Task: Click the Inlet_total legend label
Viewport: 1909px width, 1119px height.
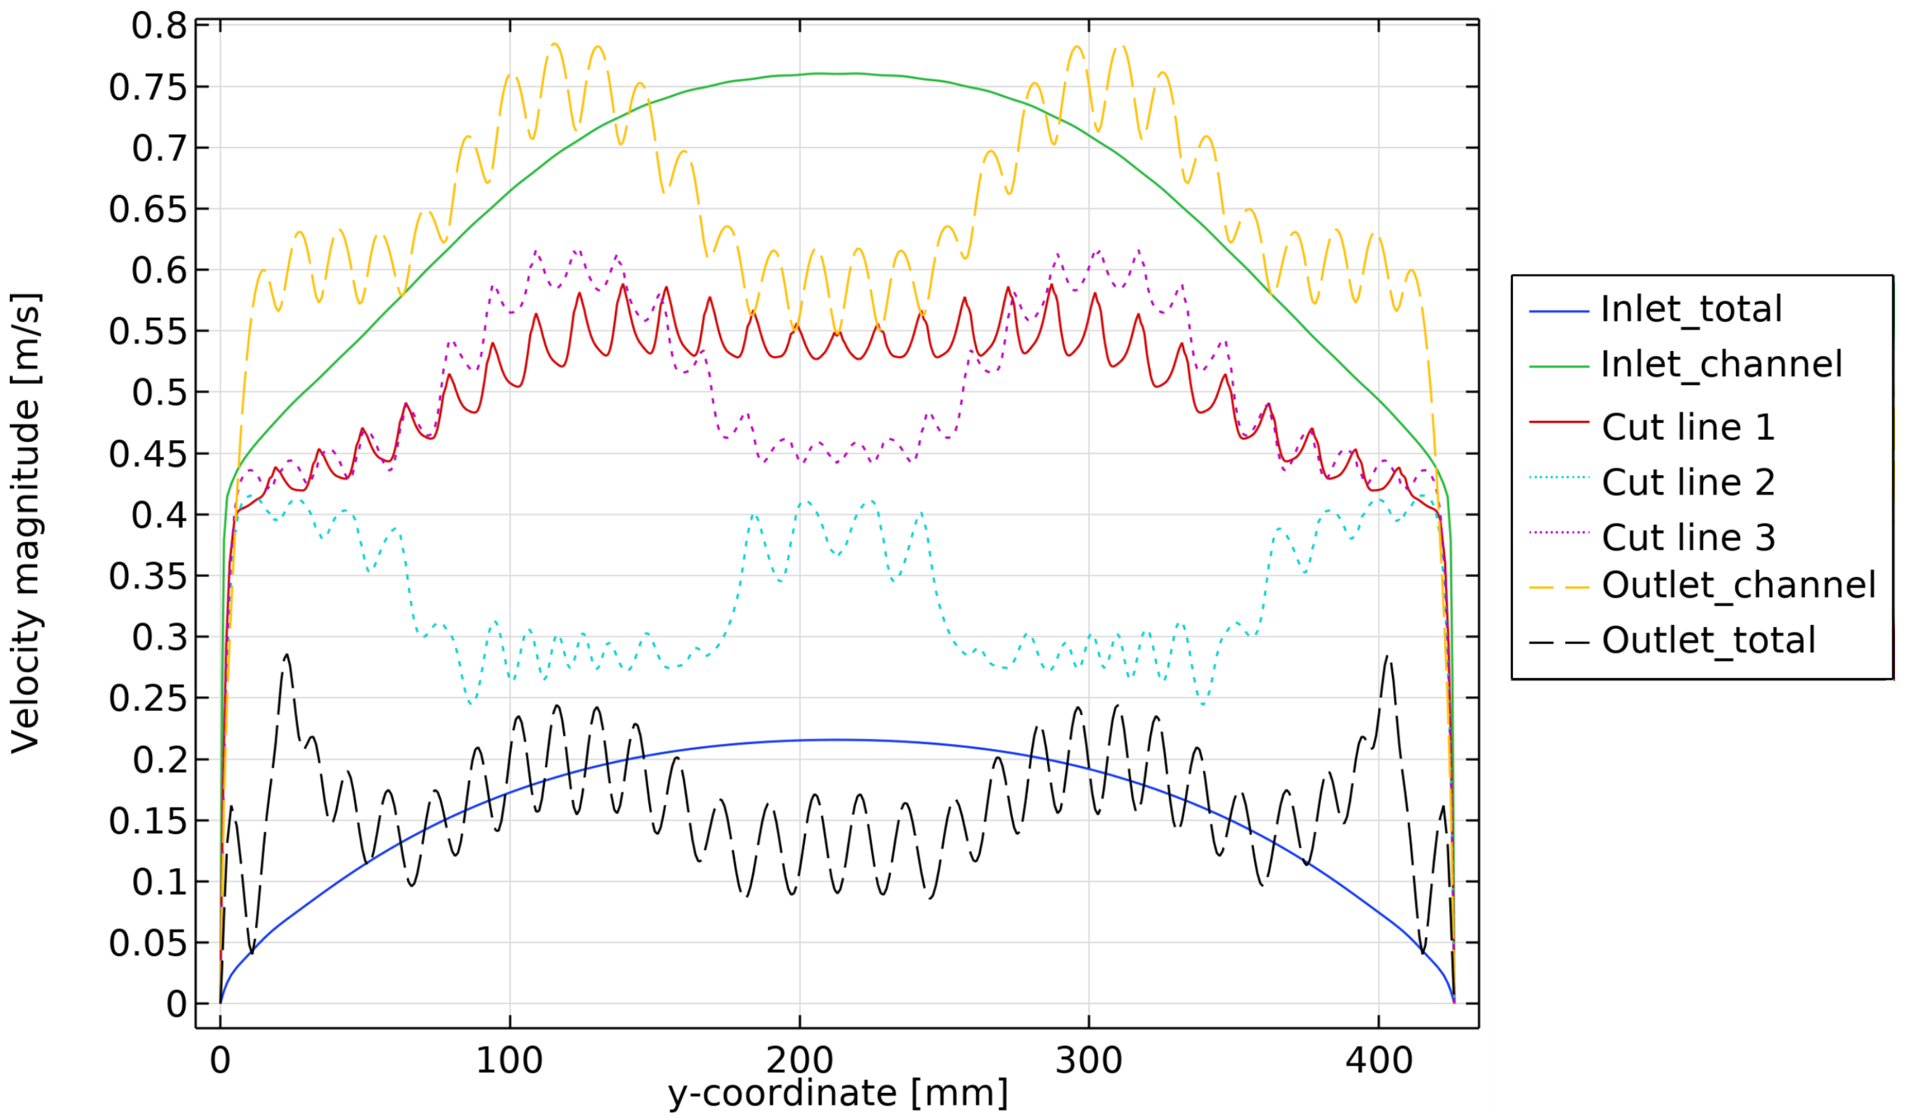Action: click(x=1691, y=310)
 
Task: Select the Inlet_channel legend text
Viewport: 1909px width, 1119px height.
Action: click(x=1721, y=365)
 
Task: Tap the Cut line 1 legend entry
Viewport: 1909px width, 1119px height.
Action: click(x=1688, y=427)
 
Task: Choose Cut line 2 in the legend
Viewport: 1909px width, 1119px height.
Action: click(x=1688, y=482)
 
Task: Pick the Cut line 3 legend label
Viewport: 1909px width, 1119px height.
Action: click(x=1688, y=538)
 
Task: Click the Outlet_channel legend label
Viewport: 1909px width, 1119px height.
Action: click(x=1738, y=586)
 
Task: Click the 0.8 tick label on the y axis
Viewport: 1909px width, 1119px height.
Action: click(x=159, y=27)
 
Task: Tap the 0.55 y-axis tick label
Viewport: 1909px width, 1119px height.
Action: click(x=148, y=332)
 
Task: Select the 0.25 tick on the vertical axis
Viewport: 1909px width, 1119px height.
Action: click(x=148, y=699)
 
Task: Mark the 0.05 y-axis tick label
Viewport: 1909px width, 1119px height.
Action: click(x=148, y=944)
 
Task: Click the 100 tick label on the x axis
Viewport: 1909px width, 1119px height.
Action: click(x=509, y=1061)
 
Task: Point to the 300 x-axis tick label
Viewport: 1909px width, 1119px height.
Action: click(x=1089, y=1061)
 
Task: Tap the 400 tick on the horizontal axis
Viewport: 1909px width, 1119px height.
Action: click(x=1379, y=1061)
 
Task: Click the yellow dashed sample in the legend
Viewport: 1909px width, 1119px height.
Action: click(x=1558, y=587)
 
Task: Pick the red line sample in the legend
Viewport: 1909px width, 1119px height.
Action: click(x=1558, y=422)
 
